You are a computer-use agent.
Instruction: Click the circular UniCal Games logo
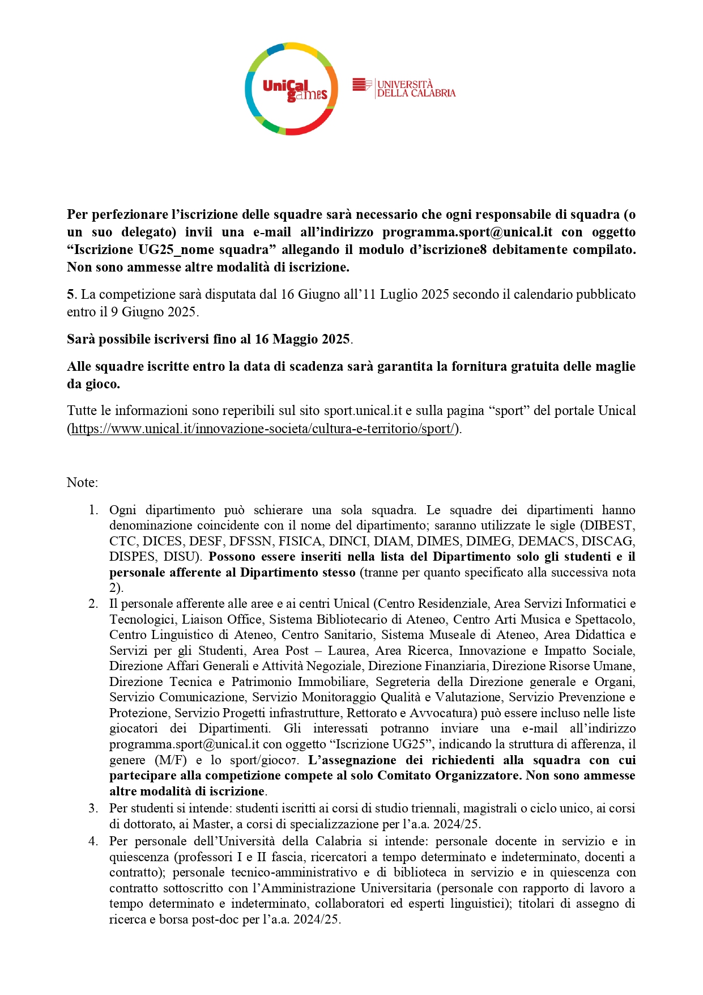(x=291, y=89)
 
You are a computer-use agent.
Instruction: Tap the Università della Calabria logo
(x=404, y=88)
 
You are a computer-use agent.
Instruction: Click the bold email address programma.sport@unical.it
(x=467, y=232)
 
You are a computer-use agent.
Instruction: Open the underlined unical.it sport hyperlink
(x=263, y=429)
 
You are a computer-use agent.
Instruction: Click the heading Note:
(x=82, y=482)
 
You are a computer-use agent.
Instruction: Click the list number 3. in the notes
(x=93, y=808)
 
